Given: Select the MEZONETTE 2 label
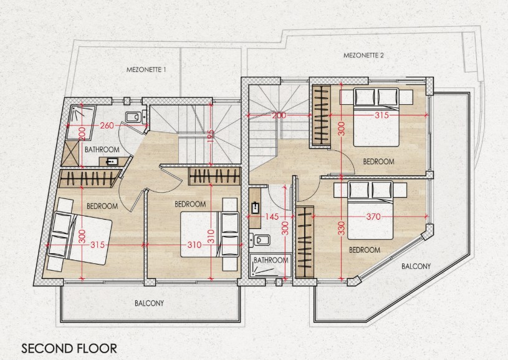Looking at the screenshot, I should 363,56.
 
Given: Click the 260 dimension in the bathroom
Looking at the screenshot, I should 107,125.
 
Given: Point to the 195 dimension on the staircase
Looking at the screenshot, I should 211,135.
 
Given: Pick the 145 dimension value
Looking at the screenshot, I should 271,216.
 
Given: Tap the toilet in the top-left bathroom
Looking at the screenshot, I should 133,117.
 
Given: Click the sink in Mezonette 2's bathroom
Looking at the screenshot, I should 256,208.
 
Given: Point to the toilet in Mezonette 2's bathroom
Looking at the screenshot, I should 257,240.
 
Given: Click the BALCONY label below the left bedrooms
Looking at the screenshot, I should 149,304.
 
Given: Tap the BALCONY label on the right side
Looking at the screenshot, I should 416,266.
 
